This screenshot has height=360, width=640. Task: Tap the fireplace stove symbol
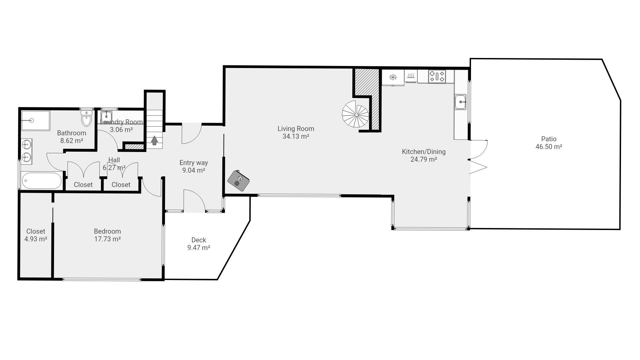tap(239, 181)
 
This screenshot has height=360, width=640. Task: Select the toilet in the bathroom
tap(86, 118)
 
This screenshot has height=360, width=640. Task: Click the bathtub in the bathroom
tap(42, 181)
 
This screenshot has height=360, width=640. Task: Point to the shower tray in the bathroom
tap(36, 120)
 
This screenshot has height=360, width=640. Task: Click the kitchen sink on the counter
tap(461, 102)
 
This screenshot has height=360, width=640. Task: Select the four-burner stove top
tap(437, 76)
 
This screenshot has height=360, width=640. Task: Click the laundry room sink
tap(106, 116)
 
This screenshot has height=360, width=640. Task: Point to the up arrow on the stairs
tap(154, 140)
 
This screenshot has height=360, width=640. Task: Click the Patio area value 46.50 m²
tap(549, 147)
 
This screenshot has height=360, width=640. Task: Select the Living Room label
tap(296, 129)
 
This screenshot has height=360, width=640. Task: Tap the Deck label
tap(199, 240)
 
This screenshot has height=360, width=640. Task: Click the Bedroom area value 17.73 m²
tap(107, 239)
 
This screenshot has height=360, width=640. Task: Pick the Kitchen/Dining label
tap(424, 152)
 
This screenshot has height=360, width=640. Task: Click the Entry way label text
tap(194, 163)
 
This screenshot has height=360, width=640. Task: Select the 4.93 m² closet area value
tap(36, 239)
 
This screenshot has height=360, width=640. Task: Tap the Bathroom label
tap(72, 133)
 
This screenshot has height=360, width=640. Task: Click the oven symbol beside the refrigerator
tap(411, 76)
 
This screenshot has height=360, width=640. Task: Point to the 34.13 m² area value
tap(296, 136)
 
